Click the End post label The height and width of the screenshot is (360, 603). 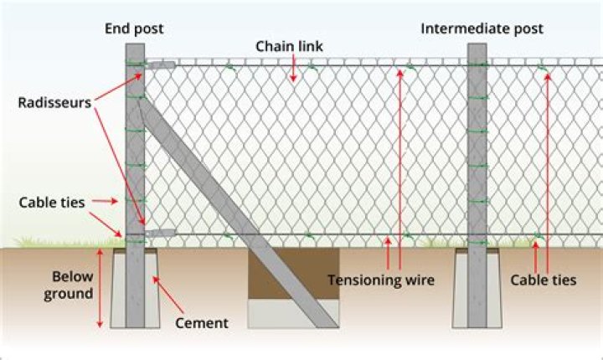point(134,28)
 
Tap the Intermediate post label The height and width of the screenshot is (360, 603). point(482,28)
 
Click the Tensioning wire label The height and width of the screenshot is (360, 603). point(381,280)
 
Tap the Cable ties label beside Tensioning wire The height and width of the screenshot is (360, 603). point(544,280)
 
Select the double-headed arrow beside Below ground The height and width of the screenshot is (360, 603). point(101,289)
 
